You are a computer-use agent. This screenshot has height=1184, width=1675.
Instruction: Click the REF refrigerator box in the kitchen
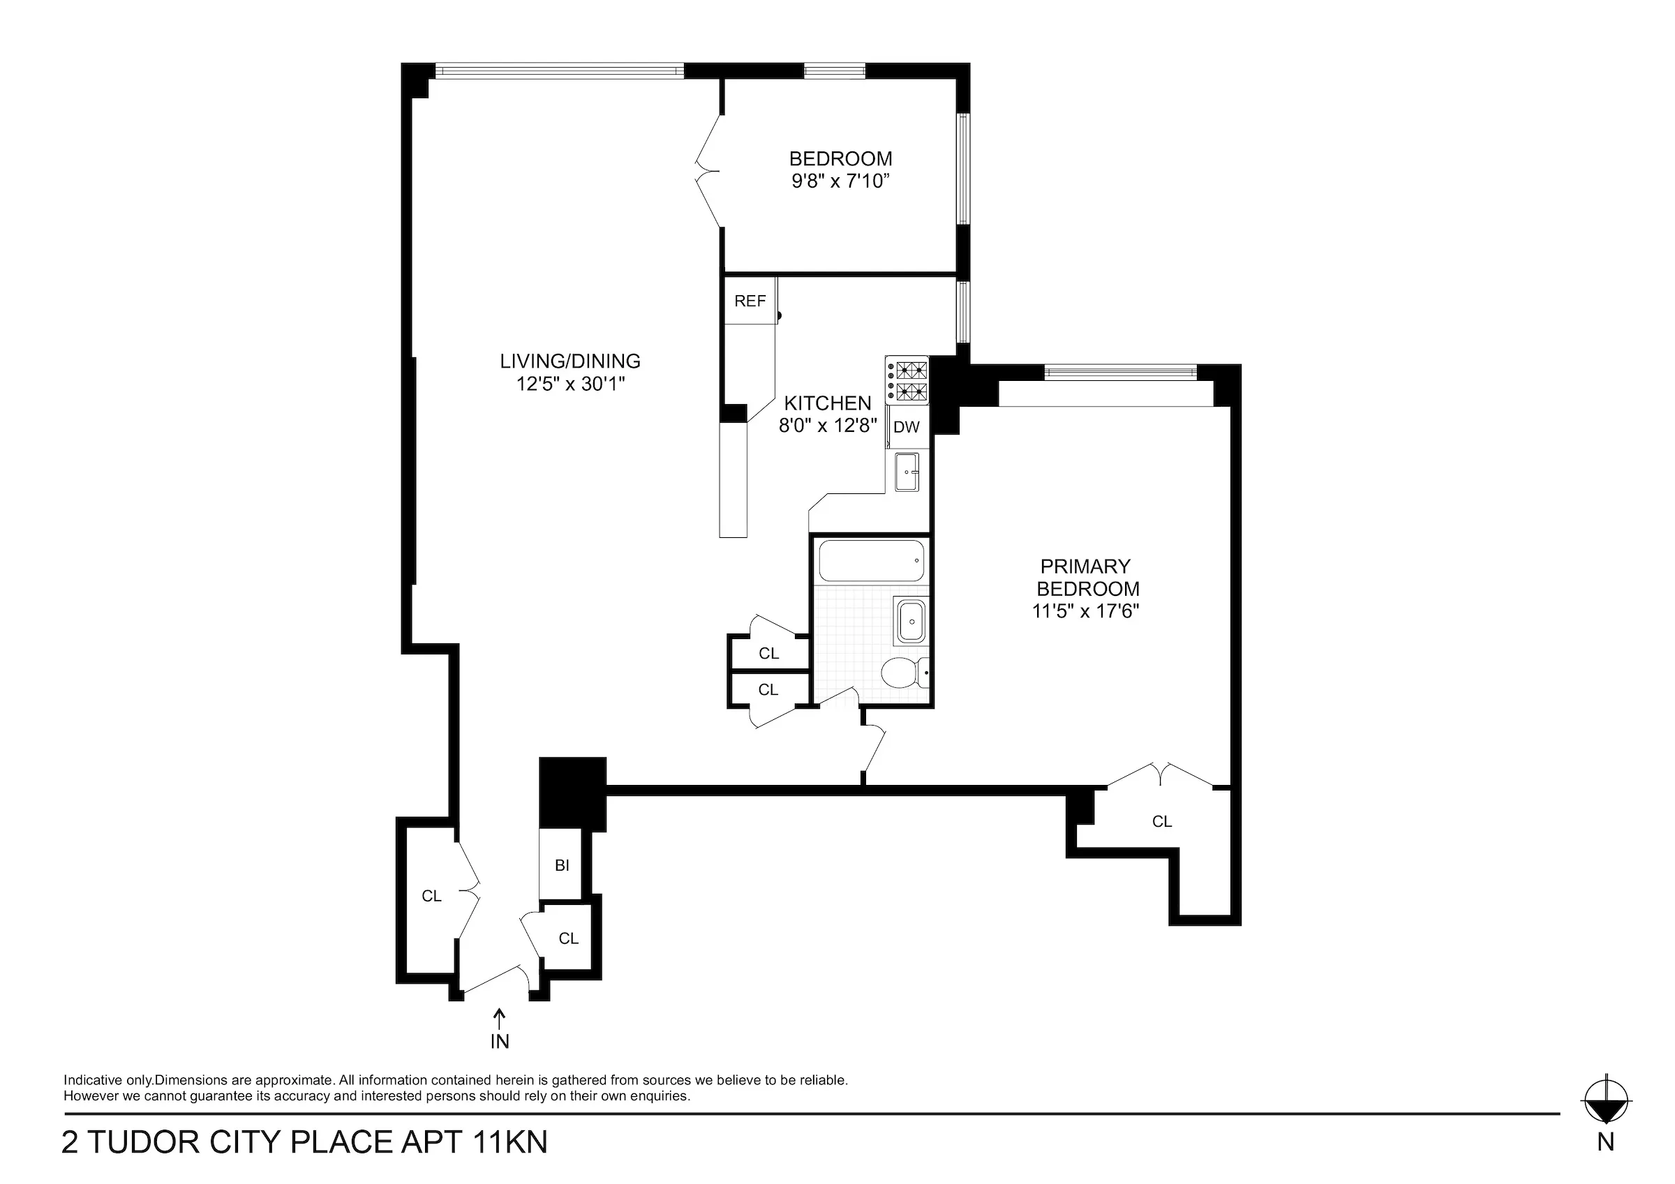click(x=750, y=301)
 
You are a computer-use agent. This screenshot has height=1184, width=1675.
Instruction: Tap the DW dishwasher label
click(x=906, y=428)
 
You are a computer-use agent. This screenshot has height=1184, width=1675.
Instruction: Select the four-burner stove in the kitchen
click(x=907, y=380)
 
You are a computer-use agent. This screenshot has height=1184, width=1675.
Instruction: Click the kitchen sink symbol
click(x=907, y=472)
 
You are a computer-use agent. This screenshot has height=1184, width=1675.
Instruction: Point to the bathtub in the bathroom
click(x=871, y=561)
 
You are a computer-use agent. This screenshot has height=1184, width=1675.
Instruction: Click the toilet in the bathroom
click(x=903, y=672)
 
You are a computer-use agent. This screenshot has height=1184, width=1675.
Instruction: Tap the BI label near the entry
click(x=562, y=866)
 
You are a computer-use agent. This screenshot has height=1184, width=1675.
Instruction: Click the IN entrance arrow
click(x=500, y=1019)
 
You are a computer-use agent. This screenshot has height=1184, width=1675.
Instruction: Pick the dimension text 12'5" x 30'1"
click(x=570, y=384)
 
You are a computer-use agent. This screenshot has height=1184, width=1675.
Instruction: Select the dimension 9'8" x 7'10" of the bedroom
click(x=840, y=181)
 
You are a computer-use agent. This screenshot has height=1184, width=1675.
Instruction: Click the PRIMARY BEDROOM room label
click(x=1087, y=577)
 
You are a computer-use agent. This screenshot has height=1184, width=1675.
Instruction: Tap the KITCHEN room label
click(x=827, y=403)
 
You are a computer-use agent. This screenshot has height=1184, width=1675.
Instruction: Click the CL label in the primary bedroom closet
click(x=1162, y=821)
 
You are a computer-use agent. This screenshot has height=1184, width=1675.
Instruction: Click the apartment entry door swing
click(x=496, y=980)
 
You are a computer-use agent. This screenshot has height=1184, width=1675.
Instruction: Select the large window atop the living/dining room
click(x=560, y=70)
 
